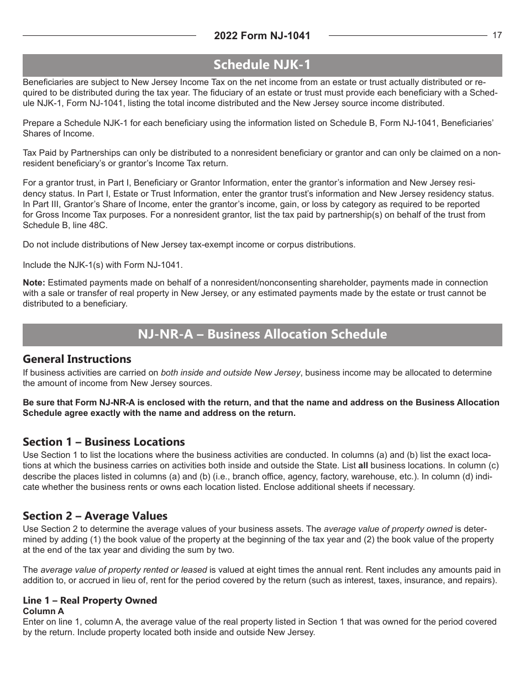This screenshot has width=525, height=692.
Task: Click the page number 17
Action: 497,35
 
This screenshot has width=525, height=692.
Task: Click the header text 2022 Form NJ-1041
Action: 262,36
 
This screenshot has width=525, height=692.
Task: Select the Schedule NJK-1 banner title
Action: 262,65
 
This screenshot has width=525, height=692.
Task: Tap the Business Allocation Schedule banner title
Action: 262,335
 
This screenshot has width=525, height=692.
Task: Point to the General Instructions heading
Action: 77,359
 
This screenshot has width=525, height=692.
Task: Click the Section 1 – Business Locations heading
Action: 103,442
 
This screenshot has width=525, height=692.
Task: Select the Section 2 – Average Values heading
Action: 95,516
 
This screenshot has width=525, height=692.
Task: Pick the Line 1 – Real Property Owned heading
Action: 90,600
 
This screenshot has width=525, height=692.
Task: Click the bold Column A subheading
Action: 43,611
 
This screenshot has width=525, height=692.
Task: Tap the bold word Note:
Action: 34,283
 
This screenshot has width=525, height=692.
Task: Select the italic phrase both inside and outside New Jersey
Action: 230,373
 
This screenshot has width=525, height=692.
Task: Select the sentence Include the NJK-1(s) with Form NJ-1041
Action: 102,265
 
